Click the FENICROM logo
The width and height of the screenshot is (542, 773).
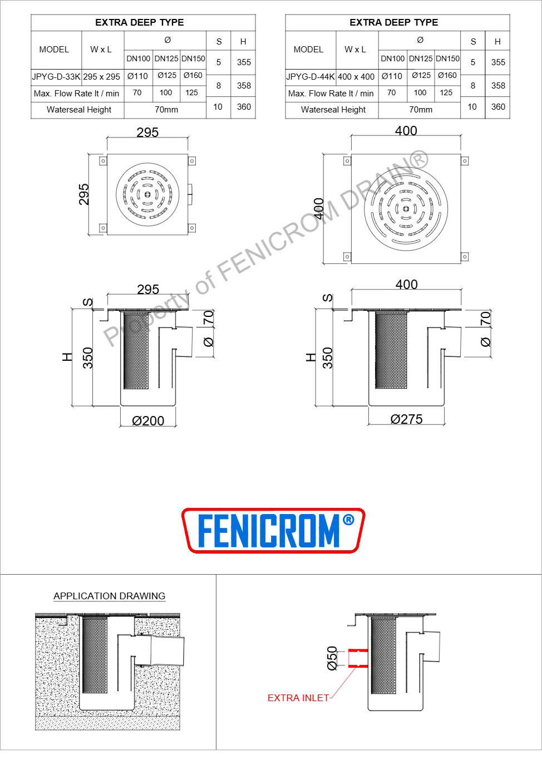click(273, 530)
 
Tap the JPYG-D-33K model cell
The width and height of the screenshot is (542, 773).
click(56, 77)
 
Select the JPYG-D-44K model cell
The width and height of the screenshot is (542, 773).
click(311, 77)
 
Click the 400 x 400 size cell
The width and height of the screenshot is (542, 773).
click(356, 77)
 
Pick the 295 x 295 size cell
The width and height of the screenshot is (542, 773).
click(102, 77)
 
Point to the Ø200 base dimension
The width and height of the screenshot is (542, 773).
click(148, 420)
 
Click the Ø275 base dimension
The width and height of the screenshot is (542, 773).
click(406, 419)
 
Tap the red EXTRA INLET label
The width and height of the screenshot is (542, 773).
click(298, 698)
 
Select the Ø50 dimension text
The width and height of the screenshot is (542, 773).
click(332, 658)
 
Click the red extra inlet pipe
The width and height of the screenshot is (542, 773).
click(358, 658)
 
